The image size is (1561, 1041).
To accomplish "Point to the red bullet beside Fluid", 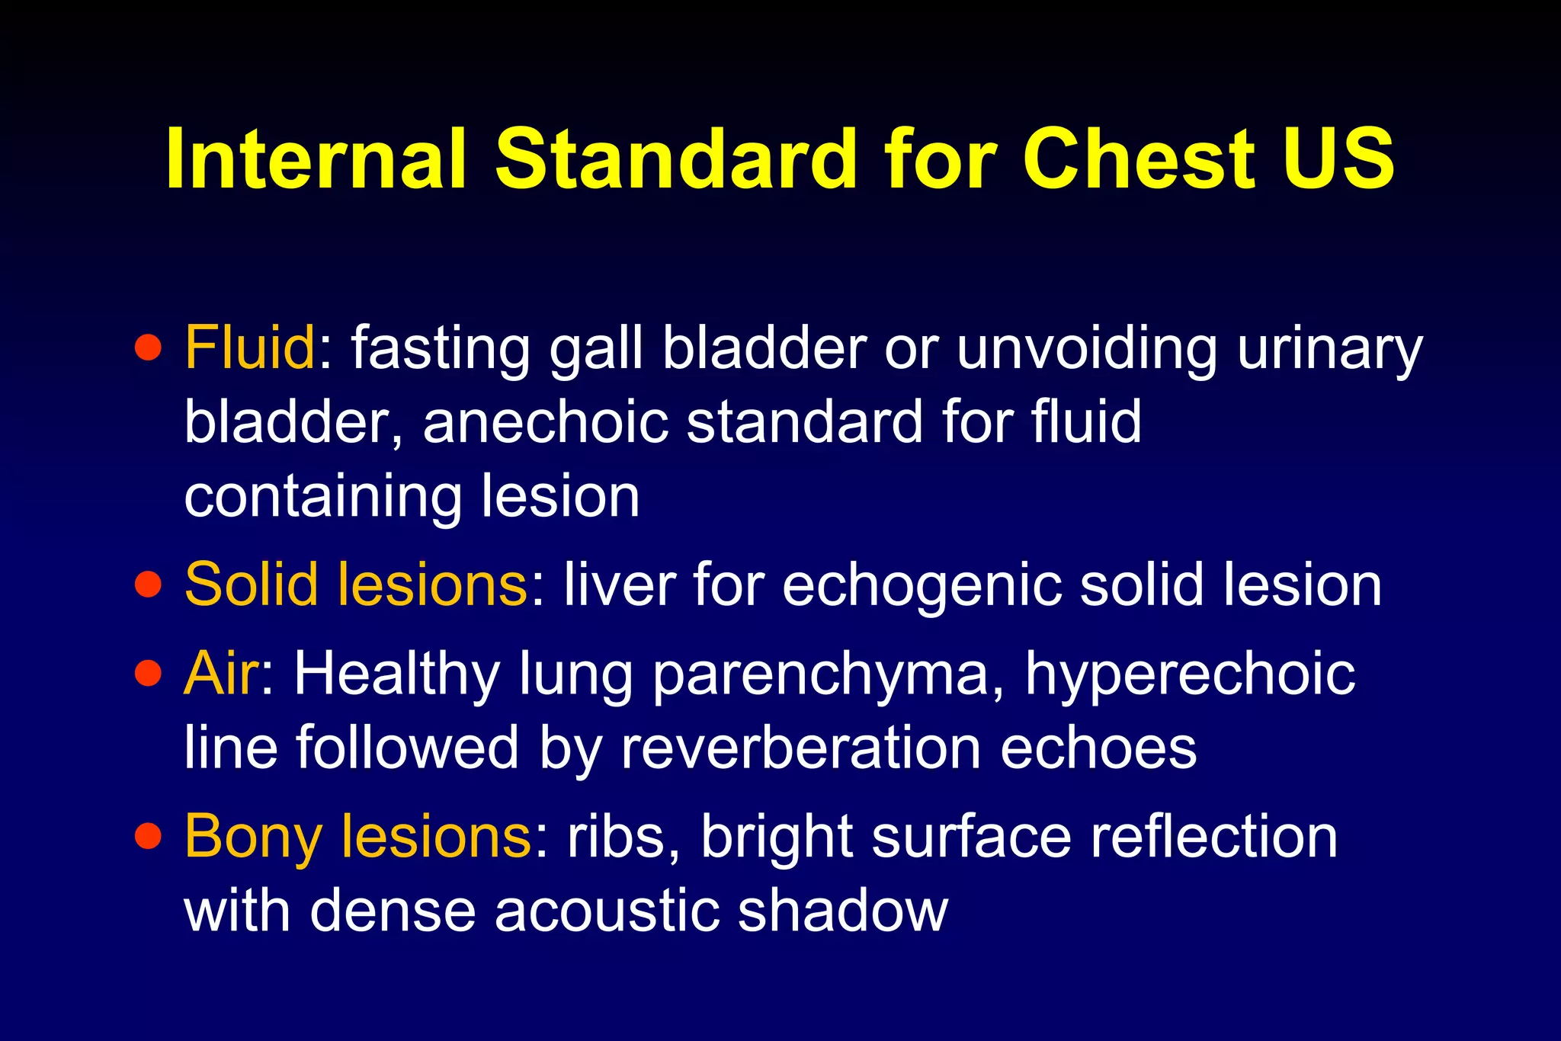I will point(148,348).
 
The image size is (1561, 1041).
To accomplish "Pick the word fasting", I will point(441,349).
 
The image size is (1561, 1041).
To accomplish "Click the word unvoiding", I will point(1087,349).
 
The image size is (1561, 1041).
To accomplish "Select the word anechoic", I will point(546,421).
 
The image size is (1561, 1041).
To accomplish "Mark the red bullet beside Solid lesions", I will point(148,585).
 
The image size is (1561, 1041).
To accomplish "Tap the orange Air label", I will point(221,674).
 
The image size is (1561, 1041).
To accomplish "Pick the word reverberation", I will point(800,748).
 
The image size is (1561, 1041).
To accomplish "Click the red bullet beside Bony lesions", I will point(148,837).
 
